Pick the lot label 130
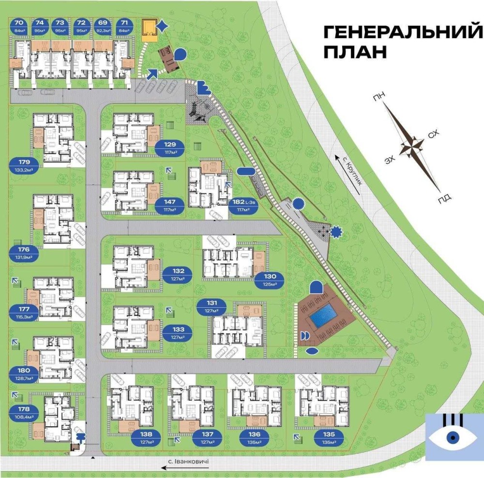coord(270,280)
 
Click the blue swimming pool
coord(324,317)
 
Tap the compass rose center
coord(411,144)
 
